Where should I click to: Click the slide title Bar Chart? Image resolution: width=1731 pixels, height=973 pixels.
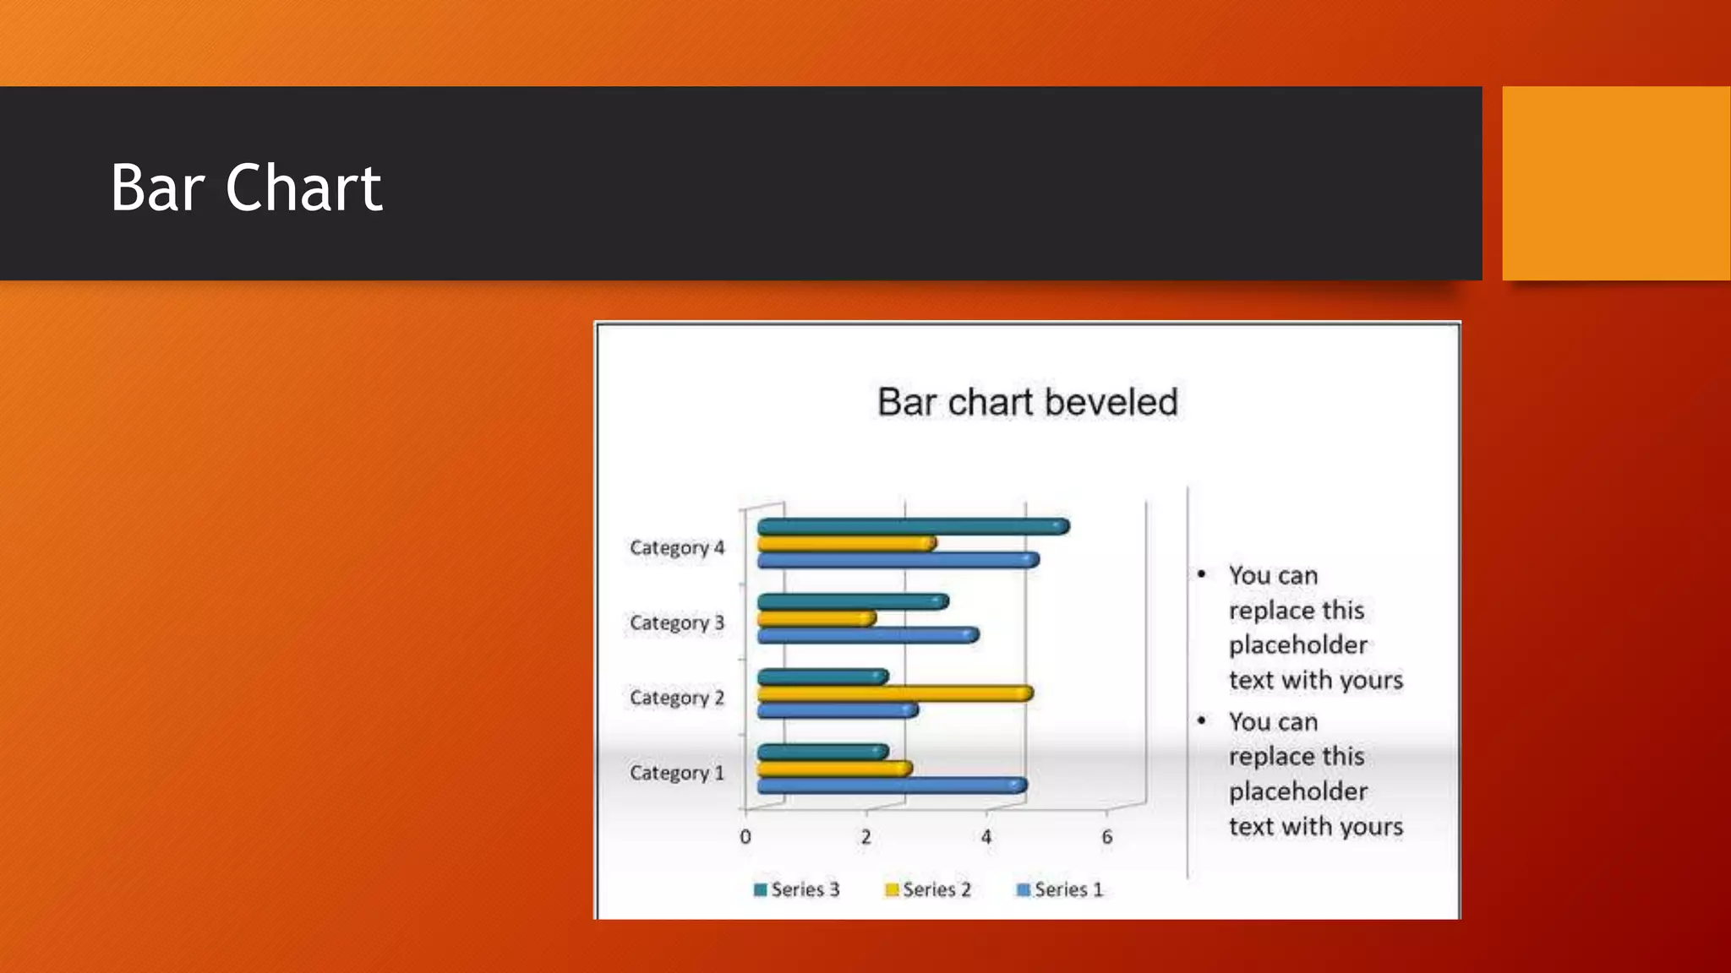246,188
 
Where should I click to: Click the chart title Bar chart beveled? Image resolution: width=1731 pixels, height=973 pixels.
1027,402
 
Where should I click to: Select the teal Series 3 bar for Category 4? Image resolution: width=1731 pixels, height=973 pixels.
913,527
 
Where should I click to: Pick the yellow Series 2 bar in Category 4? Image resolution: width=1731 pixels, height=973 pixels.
846,543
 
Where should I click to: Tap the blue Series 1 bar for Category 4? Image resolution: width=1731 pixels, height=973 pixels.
898,560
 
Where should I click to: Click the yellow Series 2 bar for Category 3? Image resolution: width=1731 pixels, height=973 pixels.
816,618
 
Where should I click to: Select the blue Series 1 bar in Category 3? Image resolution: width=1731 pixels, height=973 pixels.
868,635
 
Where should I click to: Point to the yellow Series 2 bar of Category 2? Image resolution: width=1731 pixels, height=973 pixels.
894,693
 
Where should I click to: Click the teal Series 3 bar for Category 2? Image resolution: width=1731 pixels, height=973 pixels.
822,677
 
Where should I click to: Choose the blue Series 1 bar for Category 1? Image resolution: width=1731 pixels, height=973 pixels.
892,785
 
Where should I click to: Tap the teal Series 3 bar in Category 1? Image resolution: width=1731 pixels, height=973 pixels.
822,752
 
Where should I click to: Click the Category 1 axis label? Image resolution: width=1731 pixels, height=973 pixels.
677,773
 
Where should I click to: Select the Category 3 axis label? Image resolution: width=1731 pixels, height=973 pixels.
677,622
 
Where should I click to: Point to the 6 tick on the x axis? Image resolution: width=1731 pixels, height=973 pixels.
1106,837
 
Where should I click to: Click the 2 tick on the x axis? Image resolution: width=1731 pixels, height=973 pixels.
865,837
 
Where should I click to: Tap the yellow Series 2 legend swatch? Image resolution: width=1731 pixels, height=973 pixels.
891,889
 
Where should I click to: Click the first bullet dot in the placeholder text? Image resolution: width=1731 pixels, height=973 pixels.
1201,574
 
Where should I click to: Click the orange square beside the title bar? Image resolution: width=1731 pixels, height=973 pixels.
1616,183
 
